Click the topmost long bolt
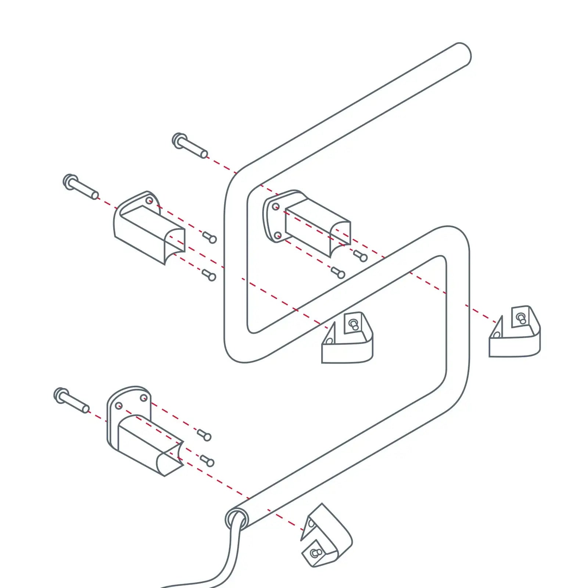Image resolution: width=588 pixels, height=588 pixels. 189,146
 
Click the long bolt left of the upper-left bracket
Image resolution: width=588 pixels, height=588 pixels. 81,187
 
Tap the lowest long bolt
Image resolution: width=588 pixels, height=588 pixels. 71,401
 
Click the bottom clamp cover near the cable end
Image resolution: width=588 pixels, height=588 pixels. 325,537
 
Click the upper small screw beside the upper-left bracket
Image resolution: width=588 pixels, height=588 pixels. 210,237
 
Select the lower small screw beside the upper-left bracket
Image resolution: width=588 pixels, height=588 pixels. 209,275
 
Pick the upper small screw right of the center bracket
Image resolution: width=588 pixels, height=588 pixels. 361,256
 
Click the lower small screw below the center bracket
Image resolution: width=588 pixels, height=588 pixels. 338,273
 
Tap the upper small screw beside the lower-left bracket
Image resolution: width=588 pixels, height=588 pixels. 204,435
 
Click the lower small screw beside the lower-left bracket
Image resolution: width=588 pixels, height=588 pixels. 207,461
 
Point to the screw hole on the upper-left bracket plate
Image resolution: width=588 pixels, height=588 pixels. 149,201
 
